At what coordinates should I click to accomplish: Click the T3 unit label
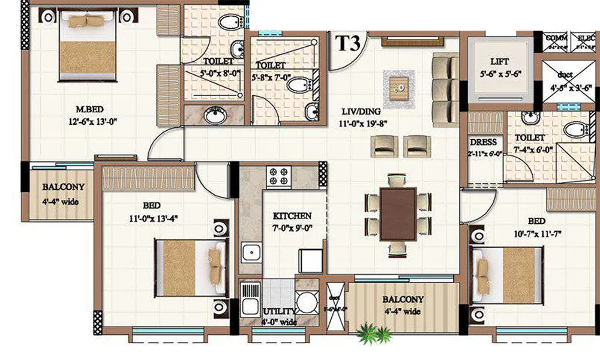(348, 44)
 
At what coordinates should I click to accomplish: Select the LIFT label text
(500, 62)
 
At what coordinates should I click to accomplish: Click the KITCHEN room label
(292, 215)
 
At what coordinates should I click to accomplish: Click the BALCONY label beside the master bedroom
(63, 187)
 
